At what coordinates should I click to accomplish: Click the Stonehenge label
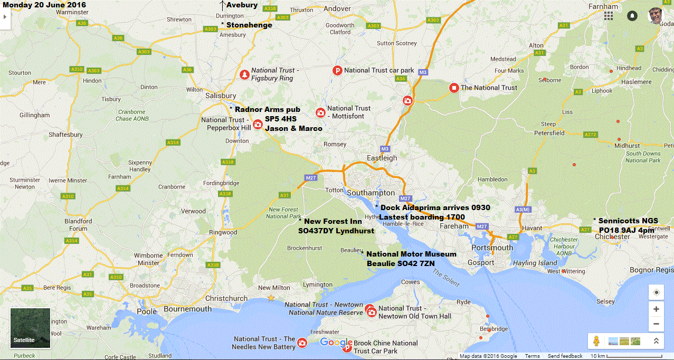coord(249,25)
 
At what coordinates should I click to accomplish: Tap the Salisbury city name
coord(221,96)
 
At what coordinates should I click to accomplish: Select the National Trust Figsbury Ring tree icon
coord(244,74)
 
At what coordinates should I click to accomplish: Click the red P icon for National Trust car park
coord(337,70)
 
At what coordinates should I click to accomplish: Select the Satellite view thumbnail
coord(30,328)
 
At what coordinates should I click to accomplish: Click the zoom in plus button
coord(656,309)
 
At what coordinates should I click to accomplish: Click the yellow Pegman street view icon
coord(597,341)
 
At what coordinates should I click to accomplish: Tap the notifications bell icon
coord(632,16)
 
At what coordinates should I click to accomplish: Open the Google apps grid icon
coord(609,16)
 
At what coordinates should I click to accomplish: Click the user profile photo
coord(656,15)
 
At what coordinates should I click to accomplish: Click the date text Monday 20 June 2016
coord(44,5)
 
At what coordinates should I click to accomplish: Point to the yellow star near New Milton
coord(271,298)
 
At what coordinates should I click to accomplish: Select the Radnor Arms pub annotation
coord(267,109)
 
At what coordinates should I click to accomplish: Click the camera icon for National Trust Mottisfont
coord(320,112)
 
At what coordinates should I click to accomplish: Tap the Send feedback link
coord(565,356)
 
